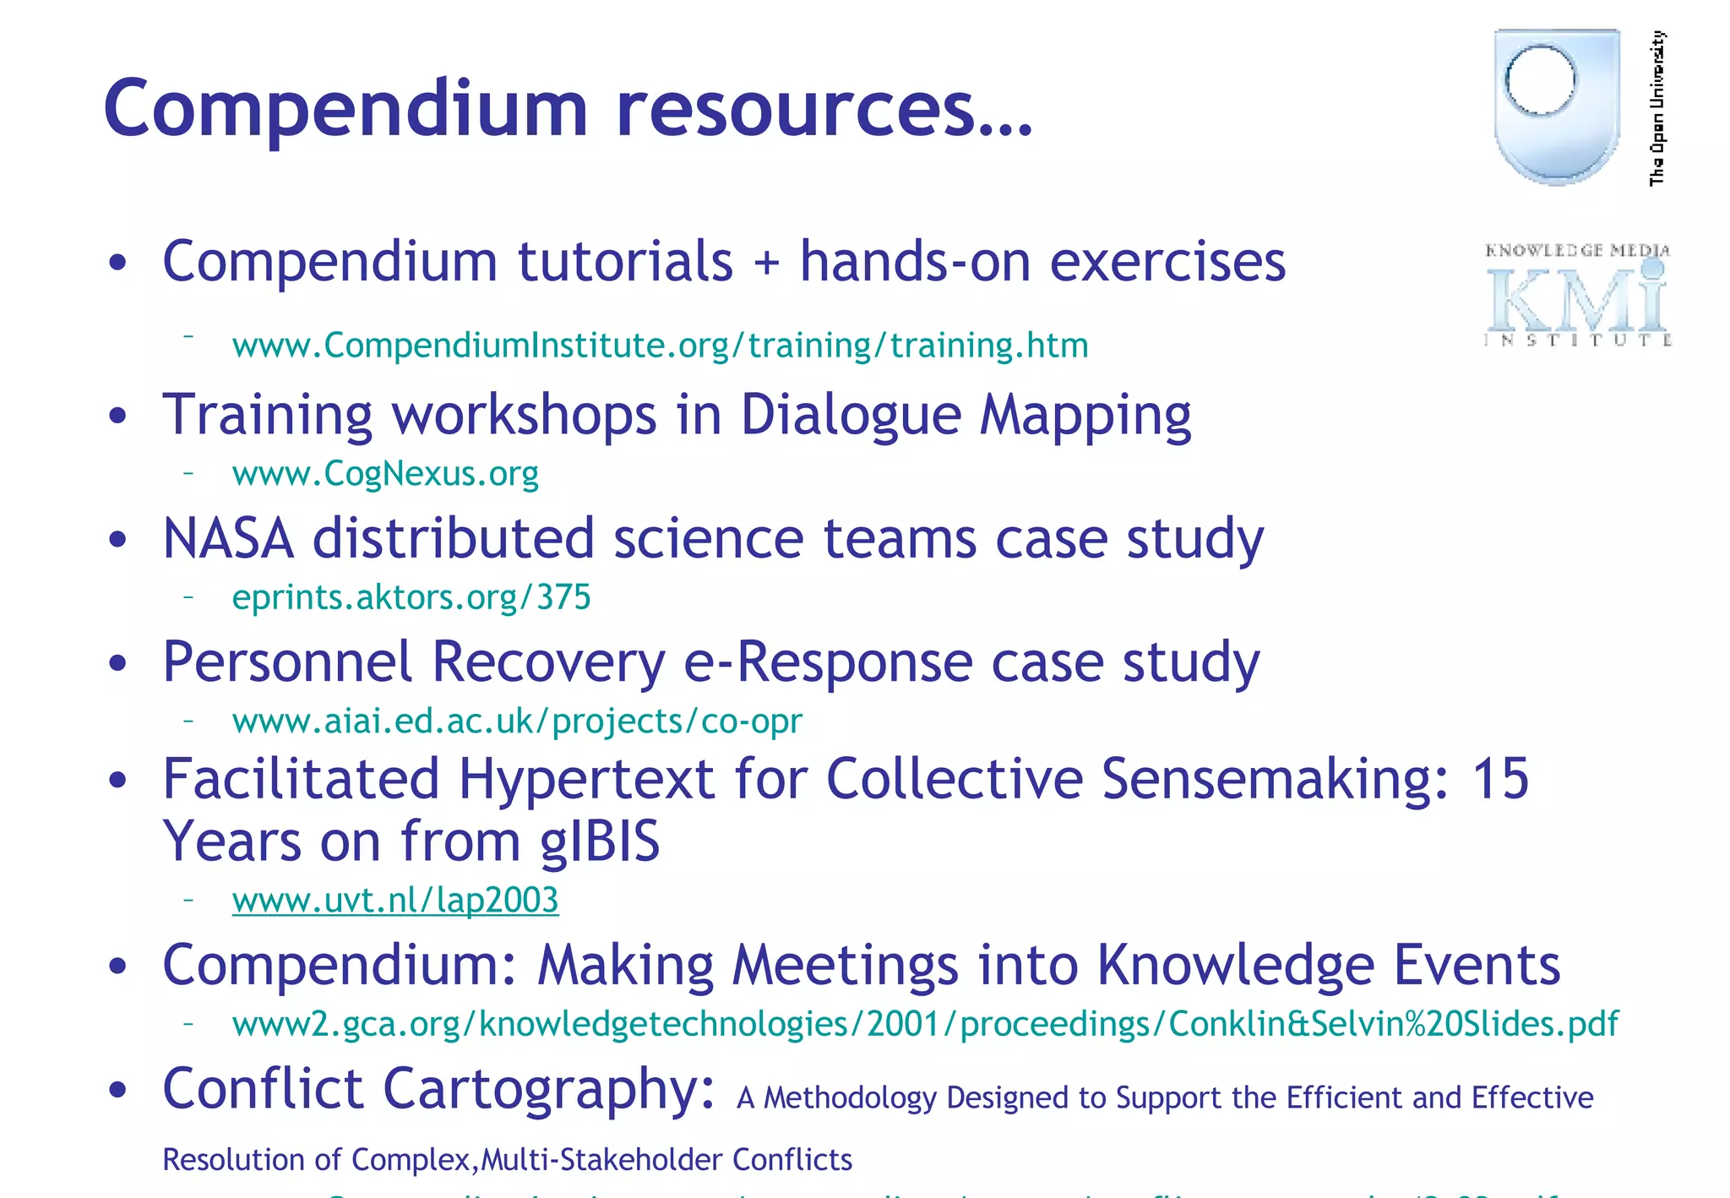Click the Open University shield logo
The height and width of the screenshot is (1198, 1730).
[x=1556, y=106]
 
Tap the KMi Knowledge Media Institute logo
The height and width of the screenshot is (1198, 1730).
[x=1577, y=296]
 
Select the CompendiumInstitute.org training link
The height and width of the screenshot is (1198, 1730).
[x=660, y=346]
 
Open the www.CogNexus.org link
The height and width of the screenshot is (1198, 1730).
[x=385, y=474]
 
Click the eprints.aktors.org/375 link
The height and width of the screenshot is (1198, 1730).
[x=411, y=597]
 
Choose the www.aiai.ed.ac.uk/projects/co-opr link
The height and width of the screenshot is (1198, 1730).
[x=517, y=721]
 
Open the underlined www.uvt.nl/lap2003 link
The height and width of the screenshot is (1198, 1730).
[x=395, y=901]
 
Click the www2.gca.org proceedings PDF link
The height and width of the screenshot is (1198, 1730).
[x=925, y=1024]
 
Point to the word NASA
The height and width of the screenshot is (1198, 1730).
[x=228, y=539]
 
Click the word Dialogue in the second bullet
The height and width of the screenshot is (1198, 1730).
[x=851, y=416]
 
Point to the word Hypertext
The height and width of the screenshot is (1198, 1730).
[x=586, y=778]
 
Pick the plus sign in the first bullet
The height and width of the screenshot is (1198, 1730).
[x=766, y=262]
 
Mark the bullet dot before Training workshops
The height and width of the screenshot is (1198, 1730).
[x=117, y=416]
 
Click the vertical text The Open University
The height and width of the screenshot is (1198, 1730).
[x=1657, y=107]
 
